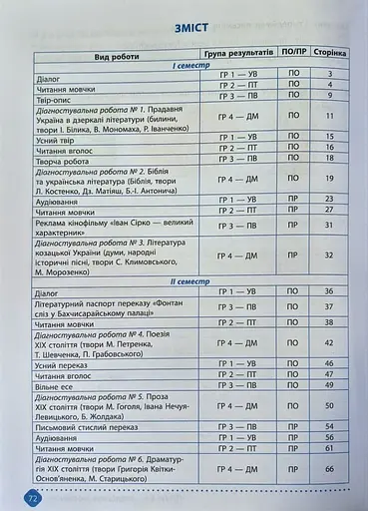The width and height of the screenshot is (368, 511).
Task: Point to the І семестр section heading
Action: [189, 64]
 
